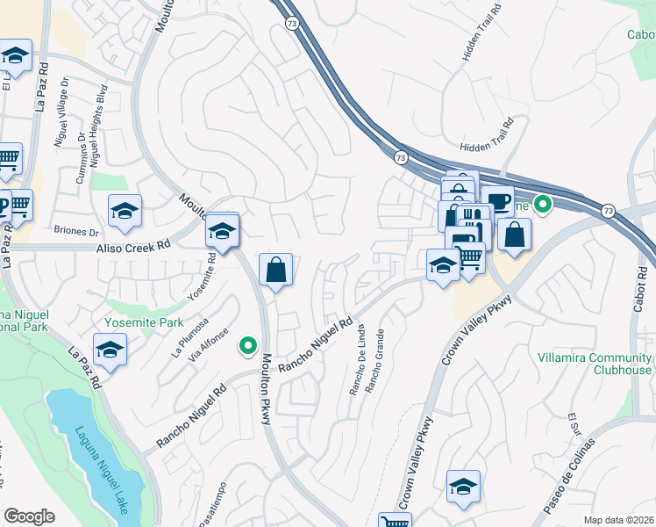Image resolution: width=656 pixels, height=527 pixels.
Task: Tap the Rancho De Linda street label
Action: coord(360,360)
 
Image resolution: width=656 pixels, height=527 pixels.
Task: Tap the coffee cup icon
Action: coord(497,200)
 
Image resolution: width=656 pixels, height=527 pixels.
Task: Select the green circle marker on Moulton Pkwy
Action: coord(248,344)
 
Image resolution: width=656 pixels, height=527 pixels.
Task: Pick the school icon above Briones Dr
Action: coord(125,211)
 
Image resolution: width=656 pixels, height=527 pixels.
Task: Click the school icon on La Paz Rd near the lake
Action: coord(110,349)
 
